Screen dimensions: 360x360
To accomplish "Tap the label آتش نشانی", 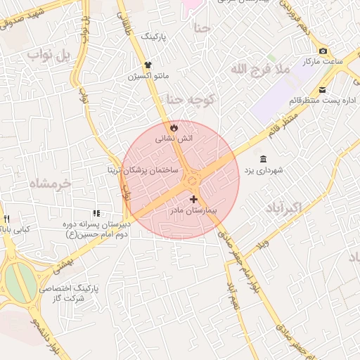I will click(174, 139).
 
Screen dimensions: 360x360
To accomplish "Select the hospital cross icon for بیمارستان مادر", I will click(193, 199).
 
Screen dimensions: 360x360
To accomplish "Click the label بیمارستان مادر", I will click(194, 210).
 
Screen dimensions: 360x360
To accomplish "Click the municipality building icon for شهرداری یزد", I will click(263, 158).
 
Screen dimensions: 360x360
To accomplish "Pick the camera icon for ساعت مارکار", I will click(323, 51).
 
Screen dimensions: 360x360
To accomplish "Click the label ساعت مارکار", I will click(332, 62).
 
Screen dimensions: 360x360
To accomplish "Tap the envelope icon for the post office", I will click(323, 89).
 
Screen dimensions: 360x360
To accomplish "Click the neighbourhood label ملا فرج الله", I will click(259, 69).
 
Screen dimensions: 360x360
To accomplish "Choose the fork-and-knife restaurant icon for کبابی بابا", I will click(6, 218).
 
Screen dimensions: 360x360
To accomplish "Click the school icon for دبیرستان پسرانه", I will click(96, 212).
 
